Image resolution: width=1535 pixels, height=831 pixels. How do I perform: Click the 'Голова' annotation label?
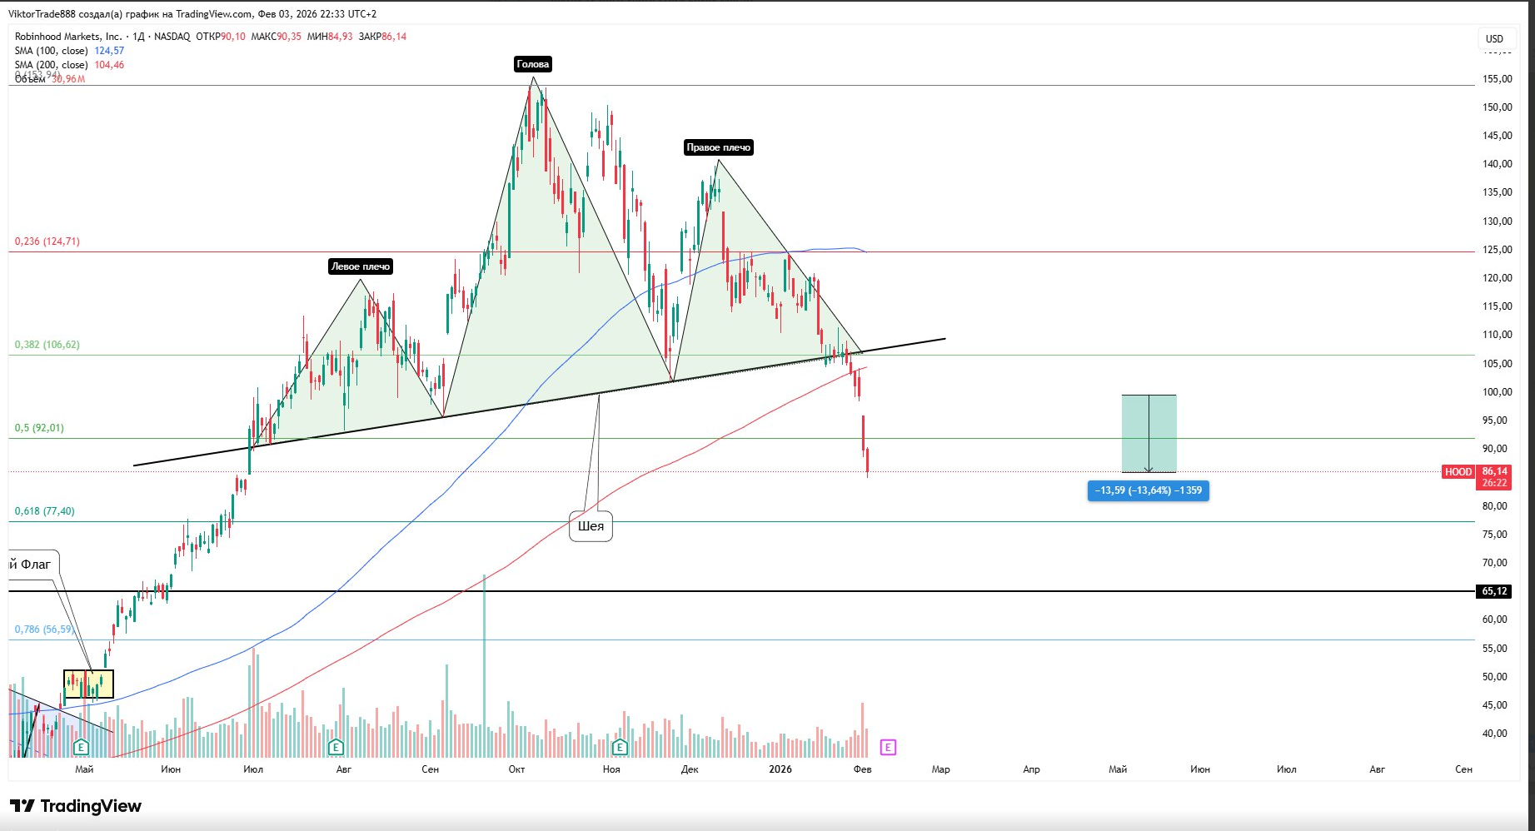(x=533, y=64)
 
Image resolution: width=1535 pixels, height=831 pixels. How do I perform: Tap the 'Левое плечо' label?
(x=360, y=266)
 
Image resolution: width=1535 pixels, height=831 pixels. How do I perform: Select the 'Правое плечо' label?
(x=718, y=147)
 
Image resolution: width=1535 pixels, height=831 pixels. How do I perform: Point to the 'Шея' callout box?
(x=591, y=526)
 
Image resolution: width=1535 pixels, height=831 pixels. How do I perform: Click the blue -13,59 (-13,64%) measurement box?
(x=1148, y=490)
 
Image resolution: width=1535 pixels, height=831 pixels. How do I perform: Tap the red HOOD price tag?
(x=1458, y=472)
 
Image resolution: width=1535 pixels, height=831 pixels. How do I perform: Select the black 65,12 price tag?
(x=1494, y=591)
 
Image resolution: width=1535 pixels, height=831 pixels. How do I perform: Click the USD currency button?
(x=1494, y=38)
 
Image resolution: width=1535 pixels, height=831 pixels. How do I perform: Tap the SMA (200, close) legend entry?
(x=52, y=65)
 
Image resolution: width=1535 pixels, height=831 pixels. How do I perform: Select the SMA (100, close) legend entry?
(x=52, y=51)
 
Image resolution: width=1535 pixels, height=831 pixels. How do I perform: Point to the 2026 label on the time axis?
(x=780, y=769)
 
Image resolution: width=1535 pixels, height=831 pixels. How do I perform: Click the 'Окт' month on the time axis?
(x=516, y=769)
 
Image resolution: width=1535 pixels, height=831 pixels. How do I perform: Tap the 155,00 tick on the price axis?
(x=1497, y=79)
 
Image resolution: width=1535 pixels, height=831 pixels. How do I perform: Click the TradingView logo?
(x=76, y=806)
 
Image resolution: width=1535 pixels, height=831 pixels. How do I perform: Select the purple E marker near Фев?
(x=888, y=747)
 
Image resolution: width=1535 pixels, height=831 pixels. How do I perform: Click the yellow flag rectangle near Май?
(x=88, y=684)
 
